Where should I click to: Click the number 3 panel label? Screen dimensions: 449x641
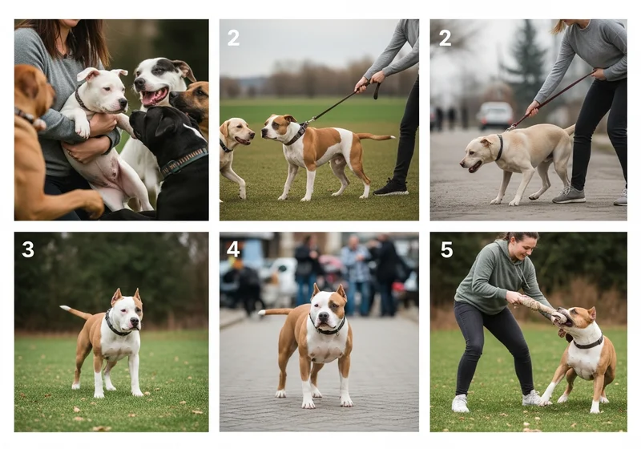pyautogui.click(x=28, y=249)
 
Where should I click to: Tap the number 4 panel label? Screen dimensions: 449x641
pyautogui.click(x=233, y=249)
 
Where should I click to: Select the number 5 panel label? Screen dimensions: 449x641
pyautogui.click(x=446, y=249)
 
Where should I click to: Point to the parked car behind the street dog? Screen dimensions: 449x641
pyautogui.click(x=494, y=115)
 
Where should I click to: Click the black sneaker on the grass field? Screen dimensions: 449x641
pyautogui.click(x=392, y=188)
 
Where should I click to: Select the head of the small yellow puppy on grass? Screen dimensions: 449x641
pyautogui.click(x=239, y=132)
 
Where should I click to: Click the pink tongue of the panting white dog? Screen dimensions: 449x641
pyautogui.click(x=153, y=97)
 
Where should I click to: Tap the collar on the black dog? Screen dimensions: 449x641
pyautogui.click(x=183, y=162)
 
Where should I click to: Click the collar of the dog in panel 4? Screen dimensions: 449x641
pyautogui.click(x=328, y=328)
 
